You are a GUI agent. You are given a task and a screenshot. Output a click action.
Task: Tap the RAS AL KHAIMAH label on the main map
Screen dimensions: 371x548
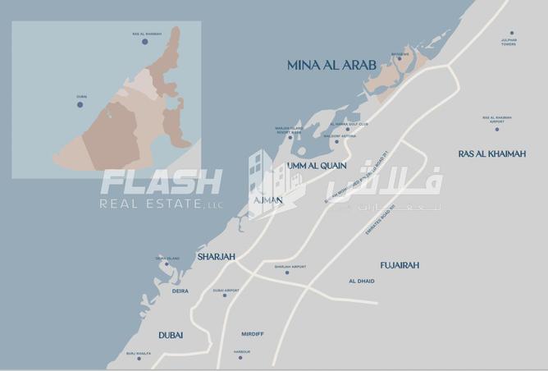(492, 153)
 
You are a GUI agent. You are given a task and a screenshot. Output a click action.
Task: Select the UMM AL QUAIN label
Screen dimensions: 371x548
(317, 166)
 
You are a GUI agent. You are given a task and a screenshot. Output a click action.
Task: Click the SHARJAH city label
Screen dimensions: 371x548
(217, 257)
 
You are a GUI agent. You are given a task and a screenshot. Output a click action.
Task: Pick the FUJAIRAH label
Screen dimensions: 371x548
(400, 265)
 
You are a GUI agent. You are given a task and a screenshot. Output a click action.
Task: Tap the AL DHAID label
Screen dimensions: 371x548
(361, 282)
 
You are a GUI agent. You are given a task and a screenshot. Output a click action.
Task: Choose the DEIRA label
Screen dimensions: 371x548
(180, 291)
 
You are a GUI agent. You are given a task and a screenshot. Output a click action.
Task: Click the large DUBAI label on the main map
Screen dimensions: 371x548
(171, 335)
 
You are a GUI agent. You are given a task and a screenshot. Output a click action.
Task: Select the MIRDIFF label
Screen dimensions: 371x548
(253, 334)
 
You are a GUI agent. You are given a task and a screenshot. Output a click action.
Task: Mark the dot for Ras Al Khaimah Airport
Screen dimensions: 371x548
(496, 128)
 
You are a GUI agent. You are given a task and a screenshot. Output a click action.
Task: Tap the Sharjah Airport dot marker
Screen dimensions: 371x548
(286, 272)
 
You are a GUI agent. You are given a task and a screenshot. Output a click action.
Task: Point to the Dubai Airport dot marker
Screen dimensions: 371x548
(225, 295)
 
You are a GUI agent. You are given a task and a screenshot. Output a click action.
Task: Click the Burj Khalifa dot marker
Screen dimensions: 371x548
(139, 359)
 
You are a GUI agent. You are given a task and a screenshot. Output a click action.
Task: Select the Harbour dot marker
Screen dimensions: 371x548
(240, 358)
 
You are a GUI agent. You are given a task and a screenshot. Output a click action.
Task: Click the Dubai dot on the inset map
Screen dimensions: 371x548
(80, 104)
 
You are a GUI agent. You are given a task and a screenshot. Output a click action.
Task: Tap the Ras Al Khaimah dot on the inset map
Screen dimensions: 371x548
(145, 41)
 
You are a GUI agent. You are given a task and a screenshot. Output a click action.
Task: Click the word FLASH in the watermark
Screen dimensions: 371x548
(161, 181)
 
